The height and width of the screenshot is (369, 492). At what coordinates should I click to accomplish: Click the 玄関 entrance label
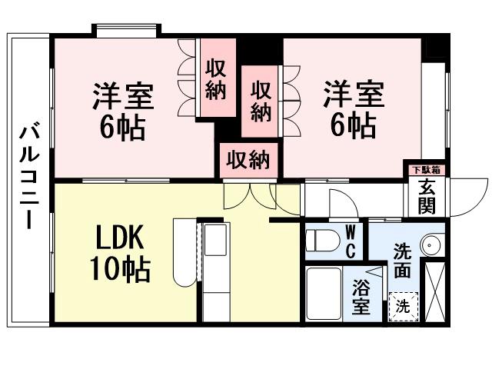[x=426, y=197]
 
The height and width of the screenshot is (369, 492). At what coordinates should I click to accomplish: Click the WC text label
[x=349, y=241]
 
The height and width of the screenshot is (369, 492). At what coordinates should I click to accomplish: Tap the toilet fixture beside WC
[x=321, y=241]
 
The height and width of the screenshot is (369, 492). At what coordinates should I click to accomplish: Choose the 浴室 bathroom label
[x=361, y=297]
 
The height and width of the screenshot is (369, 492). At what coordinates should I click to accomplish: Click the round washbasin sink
[x=434, y=245]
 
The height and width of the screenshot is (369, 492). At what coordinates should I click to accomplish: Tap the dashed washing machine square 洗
[x=403, y=304]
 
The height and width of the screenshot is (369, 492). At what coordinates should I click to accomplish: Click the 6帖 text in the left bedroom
[x=123, y=128]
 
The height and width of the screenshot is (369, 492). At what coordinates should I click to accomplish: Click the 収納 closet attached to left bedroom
[x=216, y=79]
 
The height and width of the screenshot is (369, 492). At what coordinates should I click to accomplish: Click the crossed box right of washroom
[x=435, y=291]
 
